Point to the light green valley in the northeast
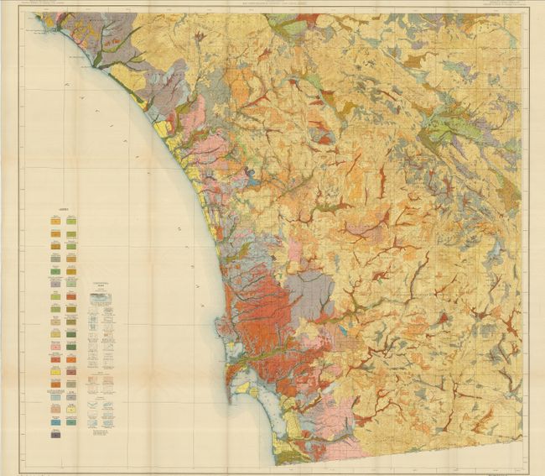pyautogui.click(x=444, y=126)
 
